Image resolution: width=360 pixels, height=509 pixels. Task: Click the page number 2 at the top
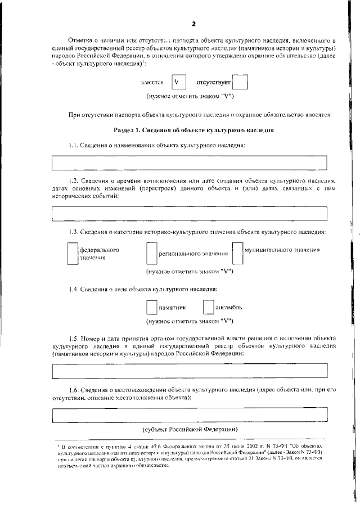pos(193,24)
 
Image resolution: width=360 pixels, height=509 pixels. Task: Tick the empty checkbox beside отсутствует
pos(240,83)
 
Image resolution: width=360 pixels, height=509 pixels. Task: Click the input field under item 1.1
pos(190,163)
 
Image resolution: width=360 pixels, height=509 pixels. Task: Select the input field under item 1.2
pos(190,214)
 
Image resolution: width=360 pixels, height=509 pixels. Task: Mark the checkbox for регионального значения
pos(151,254)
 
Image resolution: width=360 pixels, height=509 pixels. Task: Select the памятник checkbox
pos(151,308)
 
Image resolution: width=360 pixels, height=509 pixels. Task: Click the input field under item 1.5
pos(190,371)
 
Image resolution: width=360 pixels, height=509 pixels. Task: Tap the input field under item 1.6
pos(190,416)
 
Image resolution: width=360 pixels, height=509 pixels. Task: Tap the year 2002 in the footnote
pos(210,445)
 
